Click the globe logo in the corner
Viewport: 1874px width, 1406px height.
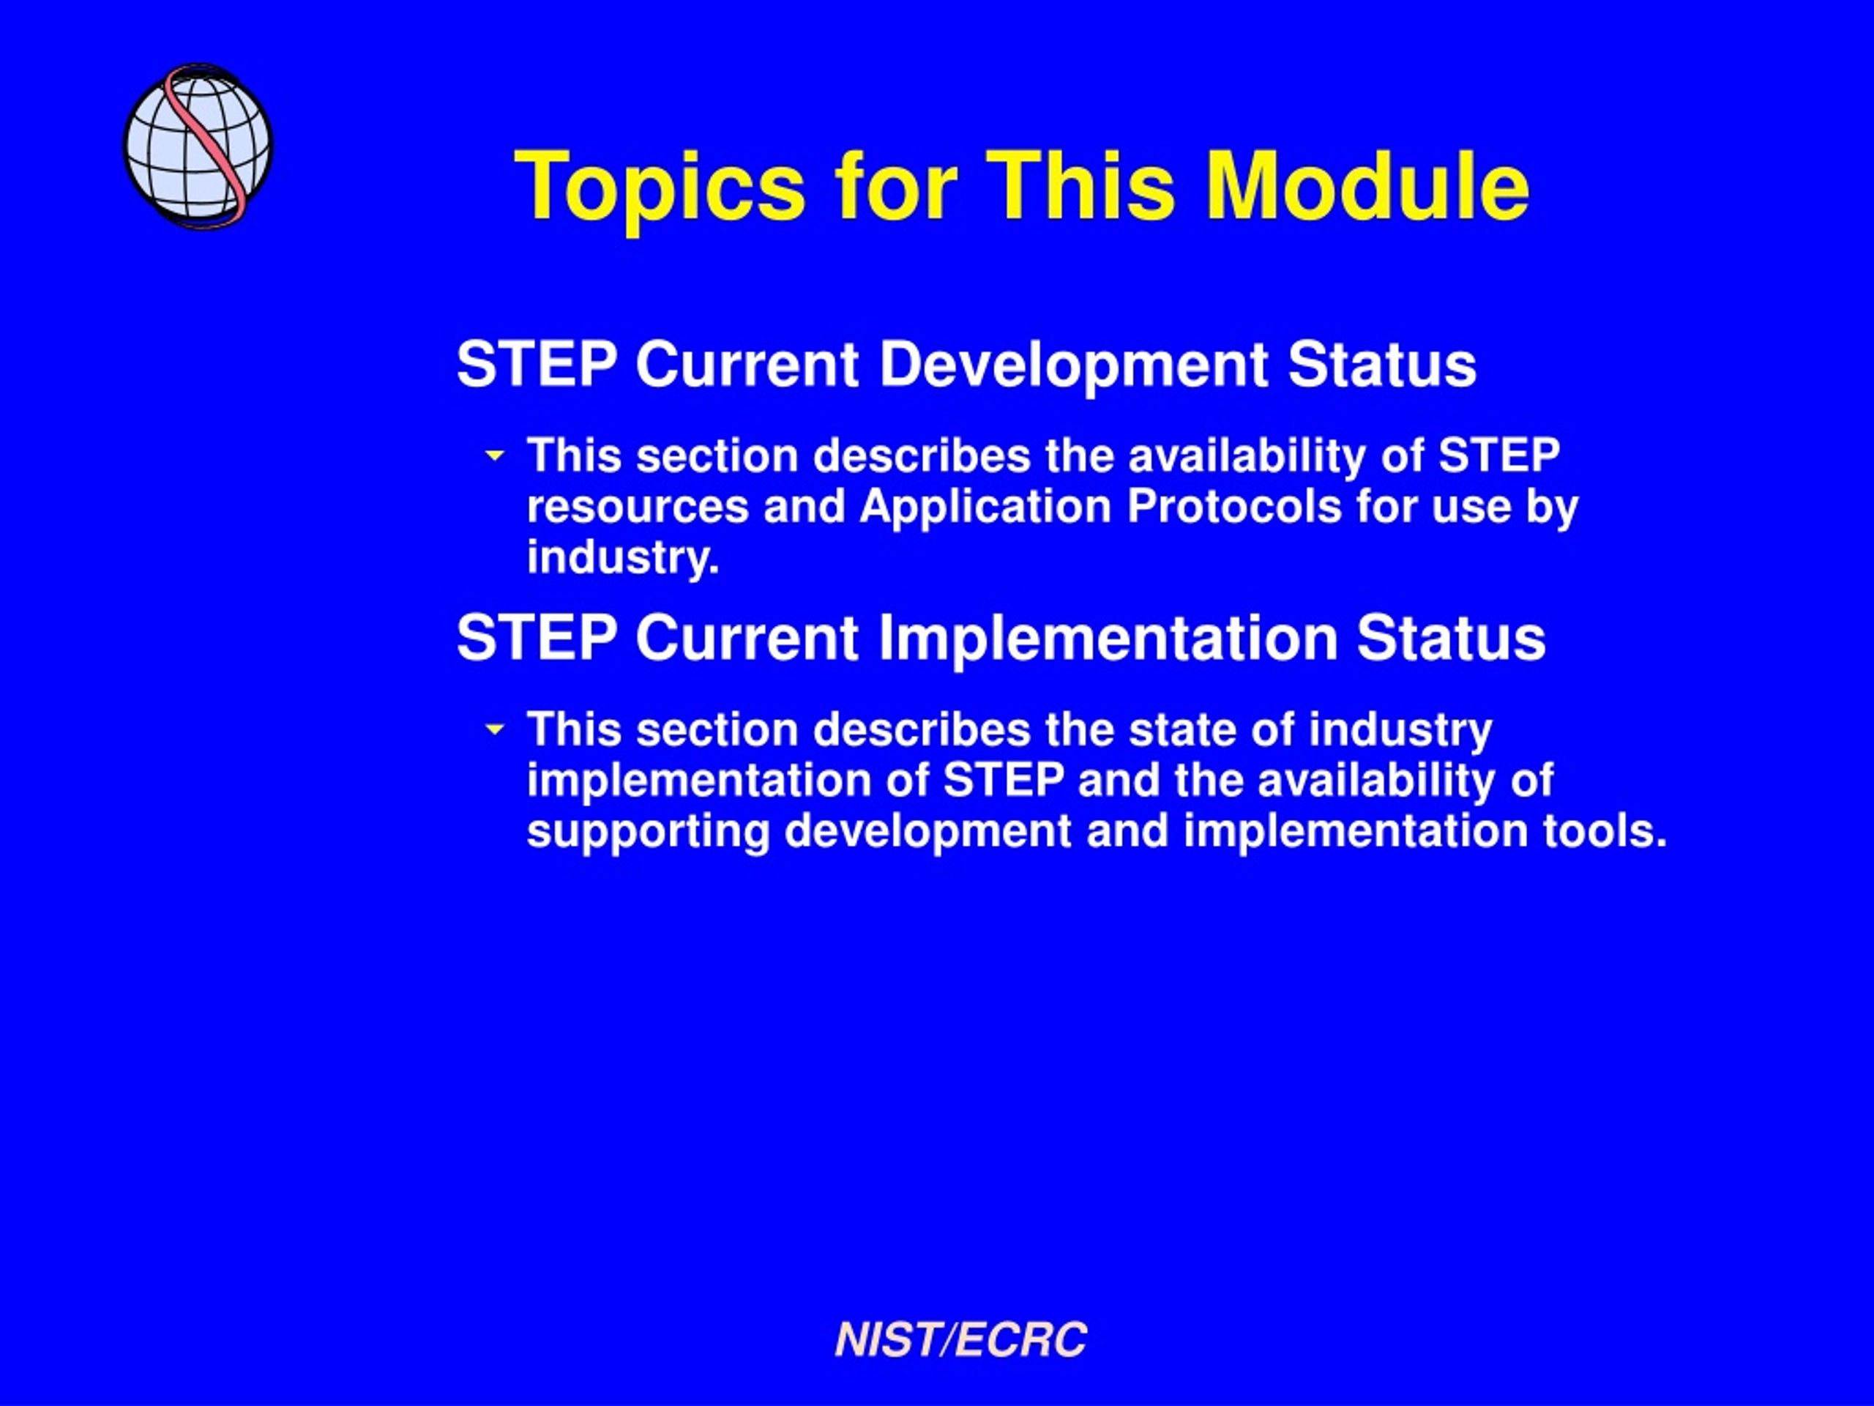[198, 145]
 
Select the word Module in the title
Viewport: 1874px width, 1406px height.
[1368, 185]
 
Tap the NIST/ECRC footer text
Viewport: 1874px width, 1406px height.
[960, 1340]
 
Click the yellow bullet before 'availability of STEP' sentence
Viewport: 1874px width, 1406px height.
[495, 456]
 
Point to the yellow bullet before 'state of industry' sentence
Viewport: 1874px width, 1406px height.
[495, 729]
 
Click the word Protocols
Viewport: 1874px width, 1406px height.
[1234, 507]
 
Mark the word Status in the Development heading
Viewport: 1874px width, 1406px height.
[1382, 365]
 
